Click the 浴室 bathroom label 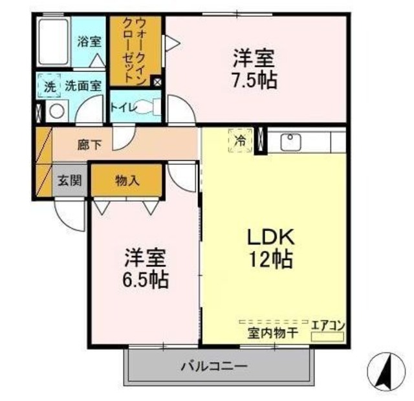(x=89, y=42)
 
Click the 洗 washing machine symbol (x=49, y=85)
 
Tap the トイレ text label (x=123, y=108)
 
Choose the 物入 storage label (x=127, y=180)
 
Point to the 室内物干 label (x=272, y=333)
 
